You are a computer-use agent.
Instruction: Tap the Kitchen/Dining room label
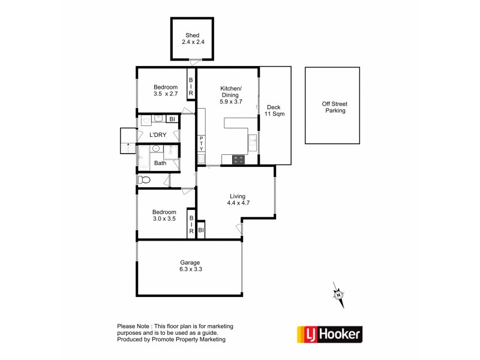coord(230,95)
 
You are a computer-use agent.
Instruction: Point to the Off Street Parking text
coord(335,107)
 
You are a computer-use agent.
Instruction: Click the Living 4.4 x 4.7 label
coord(238,199)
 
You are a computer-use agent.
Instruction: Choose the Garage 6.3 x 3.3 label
coord(190,266)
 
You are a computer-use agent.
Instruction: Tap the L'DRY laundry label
coord(158,135)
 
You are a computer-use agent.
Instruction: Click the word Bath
coord(160,163)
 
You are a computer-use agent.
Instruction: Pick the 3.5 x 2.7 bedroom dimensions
coord(166,94)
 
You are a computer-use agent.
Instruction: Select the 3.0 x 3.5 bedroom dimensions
coord(164,219)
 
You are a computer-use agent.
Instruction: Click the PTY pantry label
coord(202,143)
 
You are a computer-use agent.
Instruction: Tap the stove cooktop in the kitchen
coord(238,160)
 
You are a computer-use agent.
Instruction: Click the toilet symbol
coord(143,179)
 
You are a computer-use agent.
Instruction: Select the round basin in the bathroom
coord(156,148)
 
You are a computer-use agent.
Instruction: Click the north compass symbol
coord(339,295)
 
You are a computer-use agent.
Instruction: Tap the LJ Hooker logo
coord(329,334)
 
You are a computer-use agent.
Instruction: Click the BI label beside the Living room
coord(201,230)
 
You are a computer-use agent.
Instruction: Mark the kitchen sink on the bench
coord(253,143)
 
